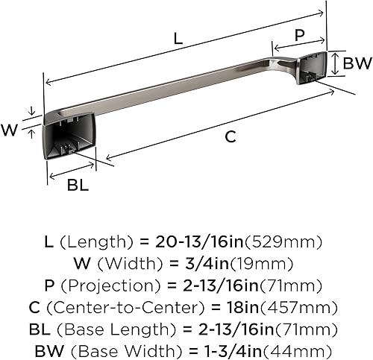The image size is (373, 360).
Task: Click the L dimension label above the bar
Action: pos(178,40)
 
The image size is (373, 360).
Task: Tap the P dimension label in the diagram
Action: pos(298,34)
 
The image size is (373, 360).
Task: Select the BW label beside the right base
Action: pos(357,64)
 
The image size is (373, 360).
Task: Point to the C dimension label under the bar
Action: pos(231,136)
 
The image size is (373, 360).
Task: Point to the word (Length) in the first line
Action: pos(100,243)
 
